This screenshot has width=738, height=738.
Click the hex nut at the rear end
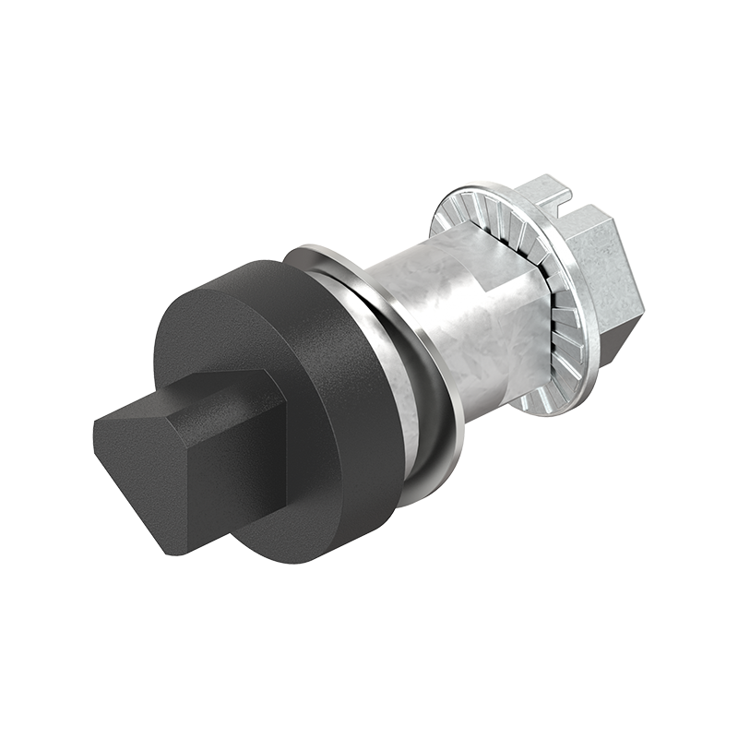[600, 268]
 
